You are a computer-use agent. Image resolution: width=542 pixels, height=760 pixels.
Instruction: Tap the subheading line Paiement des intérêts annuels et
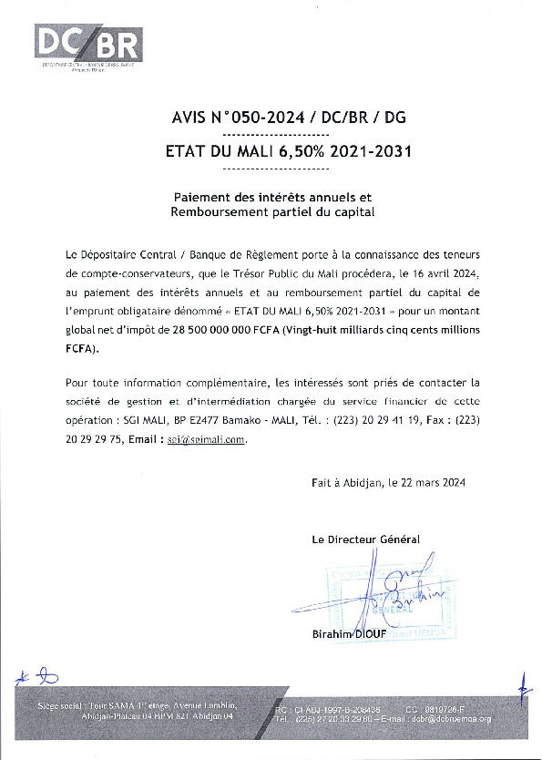pos(274,197)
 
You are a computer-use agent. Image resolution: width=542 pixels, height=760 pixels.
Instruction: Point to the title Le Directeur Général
pos(365,539)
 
